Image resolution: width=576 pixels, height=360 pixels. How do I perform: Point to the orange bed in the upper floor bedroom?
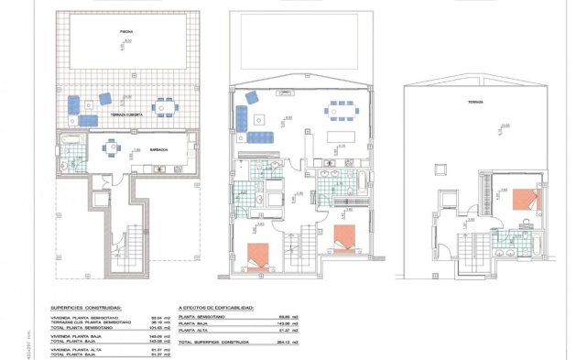point(526,198)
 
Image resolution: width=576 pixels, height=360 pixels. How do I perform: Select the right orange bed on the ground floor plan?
point(344,237)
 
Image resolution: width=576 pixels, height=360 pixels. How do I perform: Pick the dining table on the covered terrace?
point(162,106)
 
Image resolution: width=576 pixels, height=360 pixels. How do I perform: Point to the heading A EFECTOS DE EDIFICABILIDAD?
point(216,309)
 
